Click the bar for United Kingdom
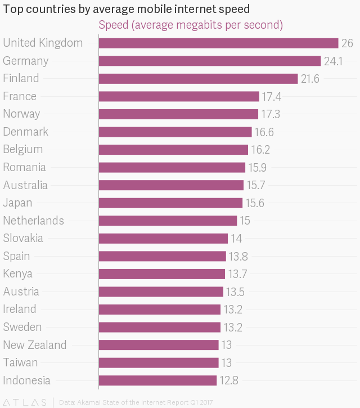pyautogui.click(x=218, y=43)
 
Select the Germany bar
pyautogui.click(x=209, y=61)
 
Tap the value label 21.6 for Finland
pyautogui.click(x=310, y=79)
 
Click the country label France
pyautogui.click(x=20, y=96)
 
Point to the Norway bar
pyautogui.click(x=178, y=114)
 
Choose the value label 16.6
pyautogui.click(x=264, y=132)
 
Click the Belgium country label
pyautogui.click(x=22, y=149)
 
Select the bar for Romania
pyautogui.click(x=172, y=168)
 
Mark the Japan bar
pyautogui.click(x=170, y=203)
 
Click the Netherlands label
pyautogui.click(x=33, y=221)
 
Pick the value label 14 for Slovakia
pyautogui.click(x=236, y=239)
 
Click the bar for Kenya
pyautogui.click(x=161, y=274)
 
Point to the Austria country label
pyautogui.click(x=21, y=292)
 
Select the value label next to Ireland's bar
pyautogui.click(x=232, y=310)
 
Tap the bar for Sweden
pyautogui.click(x=159, y=327)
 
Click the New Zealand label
pyautogui.click(x=34, y=345)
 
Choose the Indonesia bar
pyautogui.click(x=157, y=380)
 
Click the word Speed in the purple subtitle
pyautogui.click(x=113, y=25)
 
